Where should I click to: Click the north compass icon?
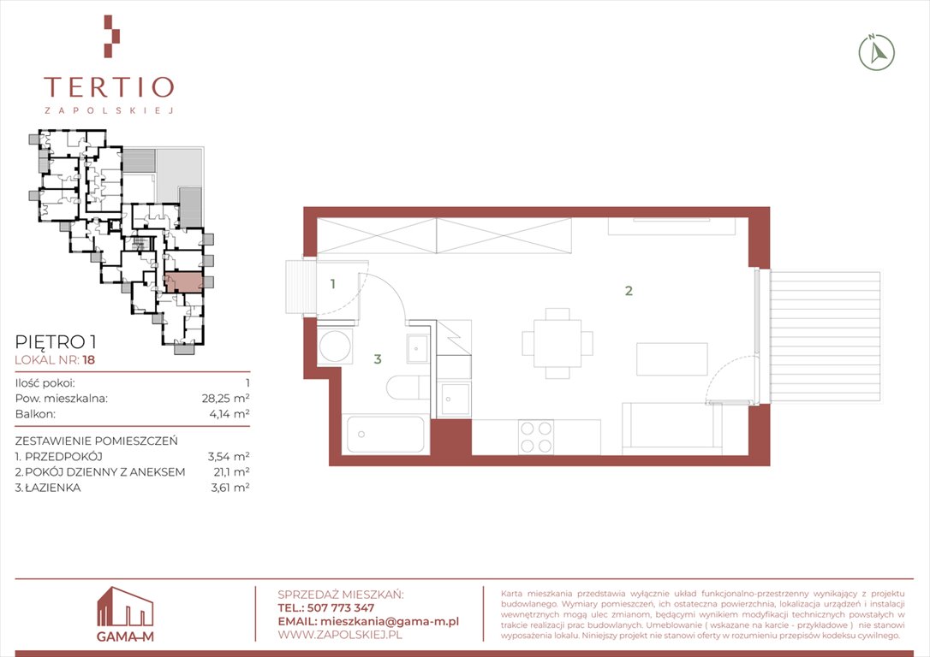(877, 52)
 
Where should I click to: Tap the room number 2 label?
(629, 290)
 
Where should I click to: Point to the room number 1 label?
(333, 284)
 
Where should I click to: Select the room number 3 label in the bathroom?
(377, 359)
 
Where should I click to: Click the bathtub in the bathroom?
(386, 435)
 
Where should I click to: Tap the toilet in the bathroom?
(408, 388)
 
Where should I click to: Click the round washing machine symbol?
(335, 346)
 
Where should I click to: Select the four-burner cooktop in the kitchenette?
(536, 437)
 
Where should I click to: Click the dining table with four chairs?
(557, 343)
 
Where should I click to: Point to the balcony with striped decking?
(825, 336)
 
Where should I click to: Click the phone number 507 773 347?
(341, 607)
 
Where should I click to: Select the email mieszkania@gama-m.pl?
(389, 621)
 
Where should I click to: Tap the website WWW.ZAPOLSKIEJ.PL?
(340, 635)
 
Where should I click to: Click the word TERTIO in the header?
(109, 87)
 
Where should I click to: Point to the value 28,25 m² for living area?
(225, 398)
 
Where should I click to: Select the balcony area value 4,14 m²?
(229, 413)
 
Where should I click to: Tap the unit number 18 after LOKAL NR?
(89, 359)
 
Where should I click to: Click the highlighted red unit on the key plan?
(184, 282)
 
